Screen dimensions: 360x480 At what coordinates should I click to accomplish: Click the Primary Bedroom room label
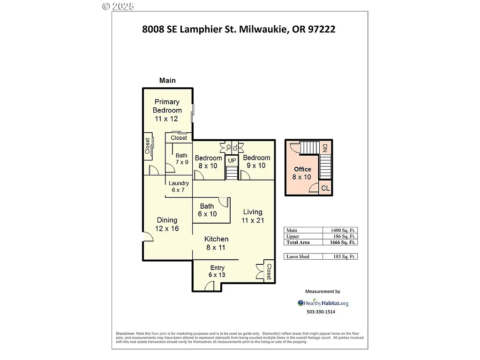click(x=167, y=110)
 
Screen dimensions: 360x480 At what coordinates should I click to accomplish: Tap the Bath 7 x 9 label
click(x=182, y=159)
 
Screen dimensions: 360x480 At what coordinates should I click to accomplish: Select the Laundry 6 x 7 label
click(x=179, y=187)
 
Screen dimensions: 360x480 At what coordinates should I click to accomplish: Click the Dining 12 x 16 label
click(x=167, y=224)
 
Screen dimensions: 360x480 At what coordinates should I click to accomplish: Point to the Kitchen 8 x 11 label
click(x=216, y=243)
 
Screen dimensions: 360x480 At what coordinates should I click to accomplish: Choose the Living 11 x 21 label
click(x=252, y=216)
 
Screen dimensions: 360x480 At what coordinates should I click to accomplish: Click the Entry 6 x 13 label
click(x=217, y=271)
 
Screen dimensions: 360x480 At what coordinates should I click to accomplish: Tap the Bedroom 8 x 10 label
click(x=209, y=162)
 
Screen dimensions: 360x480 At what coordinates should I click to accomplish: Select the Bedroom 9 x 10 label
click(x=256, y=162)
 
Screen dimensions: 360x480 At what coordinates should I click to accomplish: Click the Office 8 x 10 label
click(x=302, y=173)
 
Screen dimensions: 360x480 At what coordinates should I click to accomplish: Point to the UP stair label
click(x=232, y=161)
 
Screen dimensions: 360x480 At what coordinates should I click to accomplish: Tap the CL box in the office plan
click(x=325, y=188)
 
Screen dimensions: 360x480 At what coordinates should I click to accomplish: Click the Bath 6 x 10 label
click(x=207, y=210)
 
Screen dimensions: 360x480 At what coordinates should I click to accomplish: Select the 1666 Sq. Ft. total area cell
click(x=340, y=242)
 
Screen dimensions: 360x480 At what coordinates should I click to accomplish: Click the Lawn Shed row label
click(x=298, y=256)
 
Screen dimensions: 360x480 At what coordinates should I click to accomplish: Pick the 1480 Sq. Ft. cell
click(x=340, y=230)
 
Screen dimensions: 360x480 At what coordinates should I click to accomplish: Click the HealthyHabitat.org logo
click(x=323, y=303)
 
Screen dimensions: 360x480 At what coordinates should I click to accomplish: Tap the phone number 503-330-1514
click(x=321, y=312)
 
